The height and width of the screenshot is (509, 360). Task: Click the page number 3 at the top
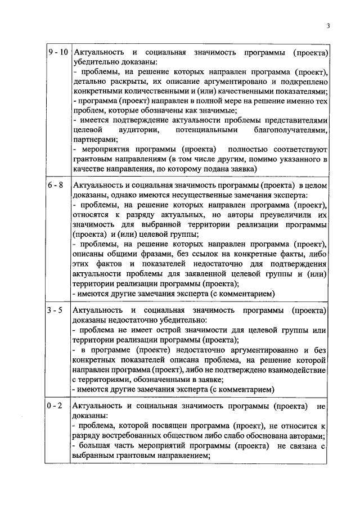click(x=327, y=26)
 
